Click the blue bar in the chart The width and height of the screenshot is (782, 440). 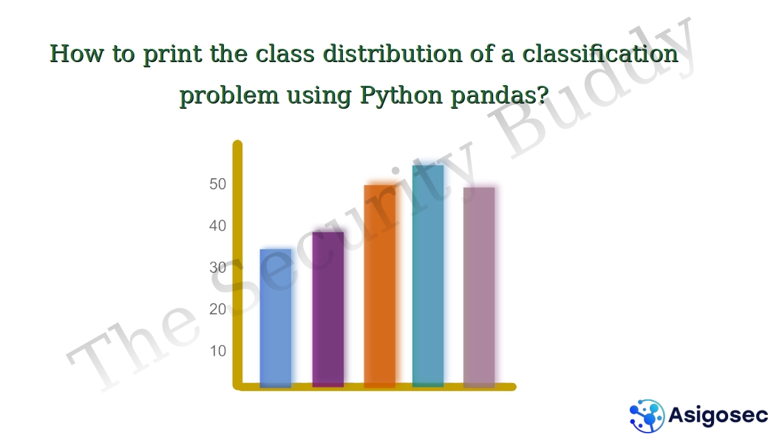point(276,318)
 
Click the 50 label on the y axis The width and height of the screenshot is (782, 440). point(217,184)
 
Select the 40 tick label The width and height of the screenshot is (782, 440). point(217,226)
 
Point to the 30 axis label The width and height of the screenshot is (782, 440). point(217,268)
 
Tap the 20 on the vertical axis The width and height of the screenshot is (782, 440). point(217,309)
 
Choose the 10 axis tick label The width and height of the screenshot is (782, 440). point(217,351)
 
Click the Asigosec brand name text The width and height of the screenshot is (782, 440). point(718,415)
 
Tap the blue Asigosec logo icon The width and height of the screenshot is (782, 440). point(647,415)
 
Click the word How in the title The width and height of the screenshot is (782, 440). point(77,54)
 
